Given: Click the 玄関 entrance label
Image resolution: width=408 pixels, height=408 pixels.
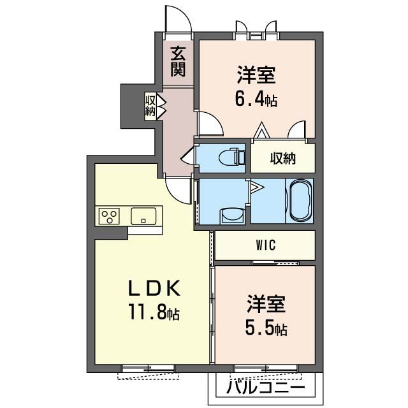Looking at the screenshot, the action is click(178, 61).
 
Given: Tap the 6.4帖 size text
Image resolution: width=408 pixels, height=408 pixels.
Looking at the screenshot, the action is click(256, 99).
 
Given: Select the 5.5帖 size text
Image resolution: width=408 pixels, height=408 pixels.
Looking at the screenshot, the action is click(266, 328).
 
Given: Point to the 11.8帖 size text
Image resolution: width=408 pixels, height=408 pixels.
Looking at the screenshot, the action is click(154, 312).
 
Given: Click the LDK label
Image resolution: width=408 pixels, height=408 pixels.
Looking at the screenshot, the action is click(154, 288).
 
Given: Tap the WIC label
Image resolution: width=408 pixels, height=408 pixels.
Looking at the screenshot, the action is click(265, 245).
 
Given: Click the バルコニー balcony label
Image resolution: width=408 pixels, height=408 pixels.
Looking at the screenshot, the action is click(265, 388).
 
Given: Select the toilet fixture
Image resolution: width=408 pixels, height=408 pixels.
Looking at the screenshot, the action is click(232, 157).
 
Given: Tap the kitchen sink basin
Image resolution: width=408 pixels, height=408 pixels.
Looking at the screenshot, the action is click(143, 216).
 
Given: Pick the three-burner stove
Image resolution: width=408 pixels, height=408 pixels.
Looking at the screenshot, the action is click(109, 216).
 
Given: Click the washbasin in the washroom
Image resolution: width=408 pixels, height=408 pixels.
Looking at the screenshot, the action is click(232, 215).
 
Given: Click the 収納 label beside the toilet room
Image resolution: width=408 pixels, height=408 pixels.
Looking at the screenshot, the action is click(282, 158).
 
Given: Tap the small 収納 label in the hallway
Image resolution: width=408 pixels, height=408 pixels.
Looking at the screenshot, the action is click(150, 106).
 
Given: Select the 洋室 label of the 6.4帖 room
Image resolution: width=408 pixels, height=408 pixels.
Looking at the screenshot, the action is click(256, 75).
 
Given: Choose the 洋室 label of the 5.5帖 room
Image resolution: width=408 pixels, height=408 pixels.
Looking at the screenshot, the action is click(266, 303).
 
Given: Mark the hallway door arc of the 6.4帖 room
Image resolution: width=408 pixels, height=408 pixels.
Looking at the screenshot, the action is click(217, 119).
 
